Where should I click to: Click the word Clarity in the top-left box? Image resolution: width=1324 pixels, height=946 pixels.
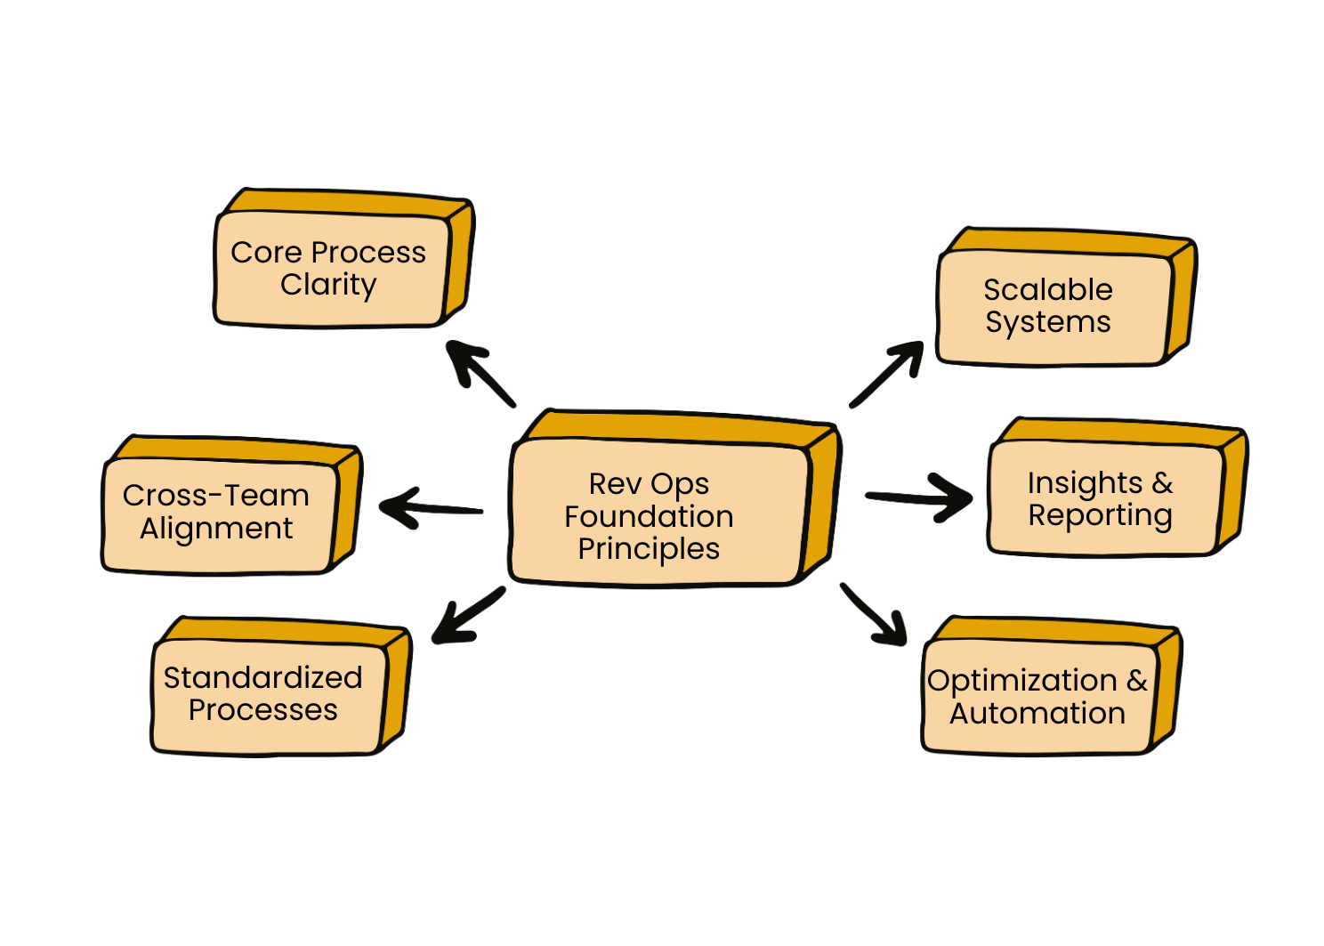click(328, 285)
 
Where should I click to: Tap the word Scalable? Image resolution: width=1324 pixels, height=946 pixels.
click(1047, 290)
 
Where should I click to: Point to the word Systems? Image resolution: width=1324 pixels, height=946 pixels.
click(1047, 322)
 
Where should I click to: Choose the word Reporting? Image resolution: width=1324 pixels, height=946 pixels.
click(1100, 516)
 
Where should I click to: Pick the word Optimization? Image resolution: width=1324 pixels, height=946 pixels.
click(1021, 681)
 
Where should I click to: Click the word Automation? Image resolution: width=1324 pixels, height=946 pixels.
click(1037, 714)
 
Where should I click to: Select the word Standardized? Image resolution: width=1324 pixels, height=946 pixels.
click(262, 678)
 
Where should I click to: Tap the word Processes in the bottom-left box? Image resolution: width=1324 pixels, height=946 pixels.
click(262, 710)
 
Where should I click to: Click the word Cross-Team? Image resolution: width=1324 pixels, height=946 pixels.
click(215, 496)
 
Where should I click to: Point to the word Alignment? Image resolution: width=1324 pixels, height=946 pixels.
click(215, 529)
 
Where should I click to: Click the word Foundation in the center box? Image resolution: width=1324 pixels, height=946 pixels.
click(649, 517)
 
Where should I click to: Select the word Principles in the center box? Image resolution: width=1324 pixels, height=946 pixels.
click(649, 549)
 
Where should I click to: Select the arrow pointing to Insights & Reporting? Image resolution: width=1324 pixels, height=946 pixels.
click(921, 497)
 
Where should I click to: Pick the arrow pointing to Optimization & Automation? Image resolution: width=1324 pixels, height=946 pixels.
click(874, 615)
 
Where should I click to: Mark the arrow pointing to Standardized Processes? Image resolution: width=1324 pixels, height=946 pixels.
click(468, 615)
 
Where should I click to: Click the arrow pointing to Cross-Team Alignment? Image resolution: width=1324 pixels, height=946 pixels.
click(431, 508)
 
